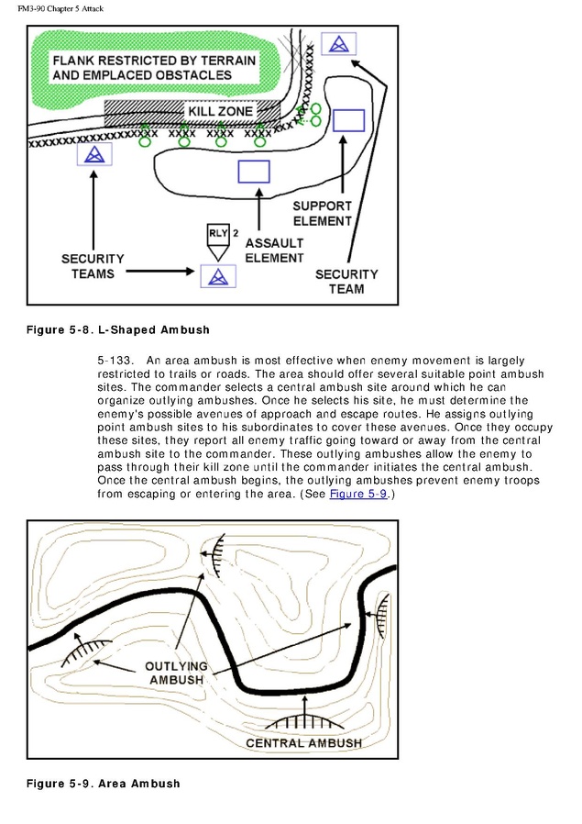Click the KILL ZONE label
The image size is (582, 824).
[x=220, y=111]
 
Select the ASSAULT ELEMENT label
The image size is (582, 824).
[x=274, y=251]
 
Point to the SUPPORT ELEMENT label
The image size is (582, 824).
[x=322, y=214]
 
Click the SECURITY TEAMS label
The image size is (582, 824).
[x=93, y=266]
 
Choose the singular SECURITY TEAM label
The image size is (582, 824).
[x=346, y=282]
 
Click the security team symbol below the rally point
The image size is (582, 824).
[x=218, y=276]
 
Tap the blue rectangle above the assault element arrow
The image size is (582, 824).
[x=254, y=172]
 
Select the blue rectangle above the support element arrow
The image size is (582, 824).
[x=349, y=120]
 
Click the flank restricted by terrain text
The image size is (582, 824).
[x=154, y=68]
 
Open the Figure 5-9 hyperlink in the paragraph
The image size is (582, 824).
[x=358, y=494]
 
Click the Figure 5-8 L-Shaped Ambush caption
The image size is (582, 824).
[x=118, y=330]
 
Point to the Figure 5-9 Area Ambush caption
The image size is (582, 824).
[x=104, y=784]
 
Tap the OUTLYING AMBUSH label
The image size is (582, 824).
[x=176, y=674]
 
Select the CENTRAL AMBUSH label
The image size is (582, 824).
[x=304, y=743]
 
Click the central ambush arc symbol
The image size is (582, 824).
[x=304, y=721]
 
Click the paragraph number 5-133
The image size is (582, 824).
[x=115, y=361]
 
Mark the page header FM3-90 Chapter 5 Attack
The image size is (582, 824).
[x=60, y=8]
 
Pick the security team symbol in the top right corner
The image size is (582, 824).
[x=339, y=44]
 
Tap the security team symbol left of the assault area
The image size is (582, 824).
[x=94, y=154]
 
